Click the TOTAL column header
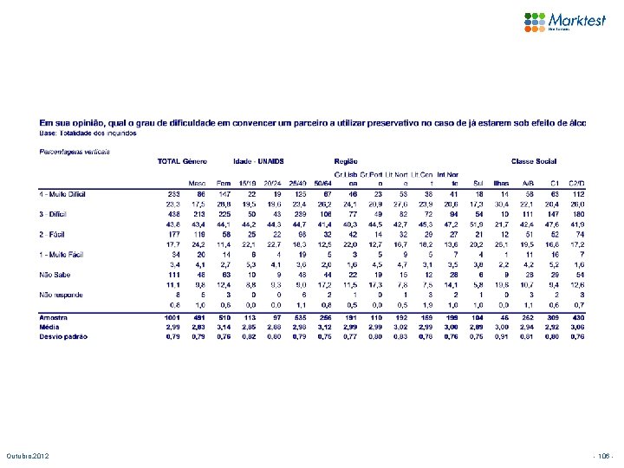point(169,162)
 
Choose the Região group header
point(346,162)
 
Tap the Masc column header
point(197,183)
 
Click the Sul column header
point(504,183)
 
